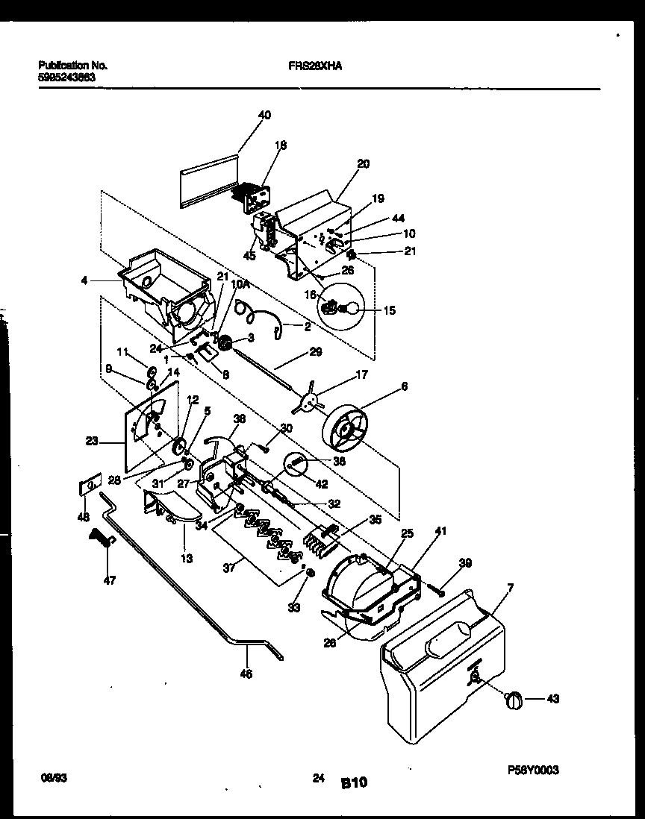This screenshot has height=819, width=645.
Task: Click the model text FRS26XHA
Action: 315,65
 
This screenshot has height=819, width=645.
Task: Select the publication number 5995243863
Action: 66,76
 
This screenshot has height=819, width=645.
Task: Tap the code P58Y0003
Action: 533,771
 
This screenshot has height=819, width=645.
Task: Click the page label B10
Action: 355,782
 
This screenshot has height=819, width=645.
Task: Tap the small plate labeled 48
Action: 90,486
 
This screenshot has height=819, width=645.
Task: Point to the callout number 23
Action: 92,441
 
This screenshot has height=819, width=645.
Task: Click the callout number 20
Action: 363,163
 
